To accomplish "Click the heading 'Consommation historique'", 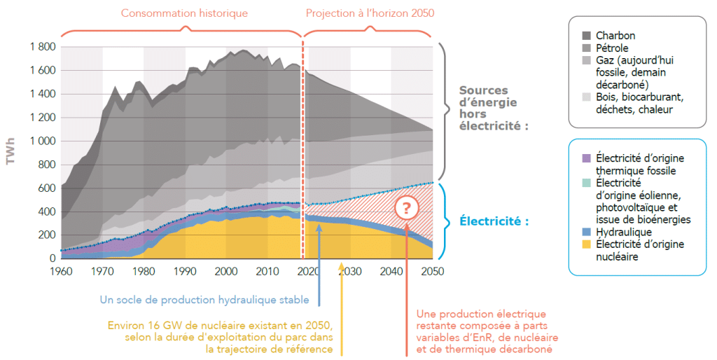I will point(184,13).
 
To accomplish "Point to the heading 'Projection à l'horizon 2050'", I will point(370,13).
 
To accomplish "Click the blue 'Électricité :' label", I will point(494,221).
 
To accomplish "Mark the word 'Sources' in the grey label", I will point(483,90).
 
